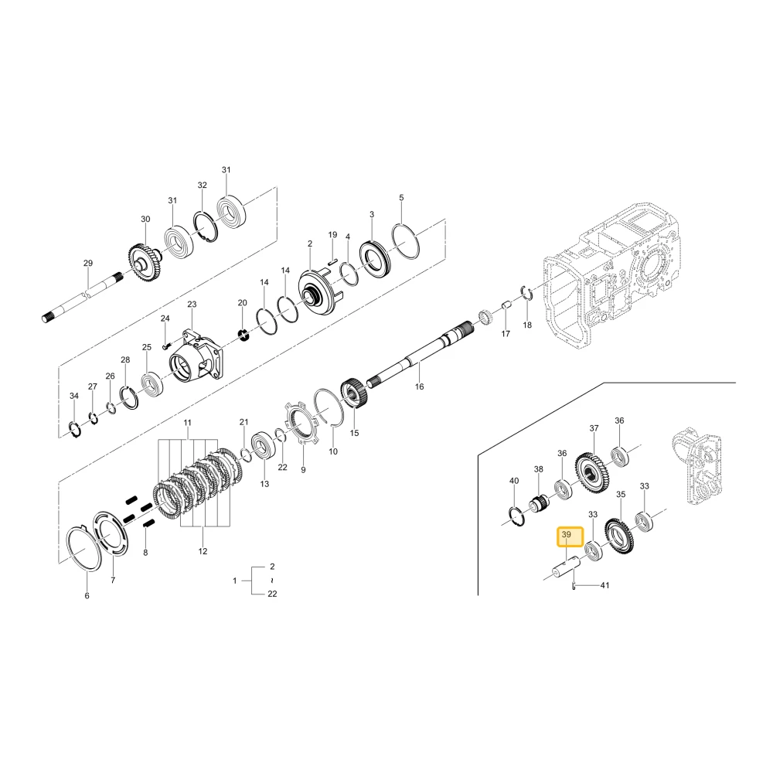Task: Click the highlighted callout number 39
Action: coord(566,534)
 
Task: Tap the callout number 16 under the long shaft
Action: coord(419,386)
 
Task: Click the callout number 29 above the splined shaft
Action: coord(88,264)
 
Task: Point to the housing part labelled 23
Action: coord(196,358)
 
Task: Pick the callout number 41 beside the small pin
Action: coord(605,585)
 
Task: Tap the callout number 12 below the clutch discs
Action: coord(203,551)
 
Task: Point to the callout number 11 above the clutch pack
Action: coord(187,423)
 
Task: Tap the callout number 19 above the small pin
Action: coord(332,235)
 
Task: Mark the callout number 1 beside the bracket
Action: coord(235,581)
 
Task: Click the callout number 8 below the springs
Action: coord(145,553)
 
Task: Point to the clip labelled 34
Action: coord(74,429)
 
